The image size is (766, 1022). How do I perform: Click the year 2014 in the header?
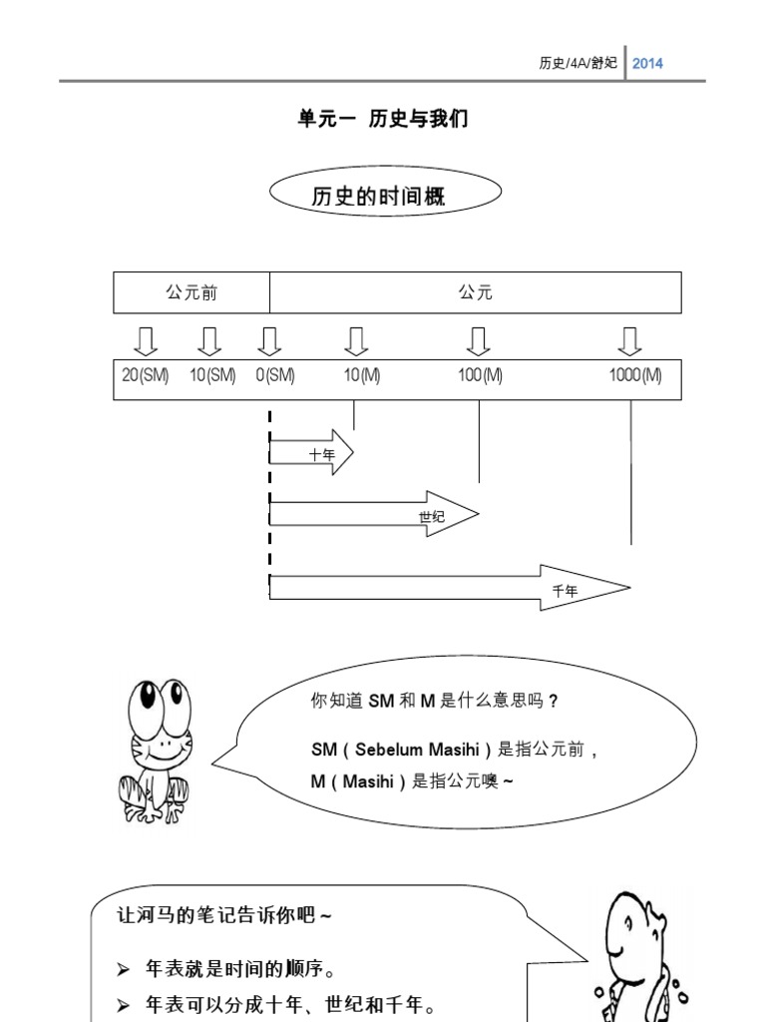[x=647, y=63]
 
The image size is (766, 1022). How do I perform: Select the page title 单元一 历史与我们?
[x=383, y=119]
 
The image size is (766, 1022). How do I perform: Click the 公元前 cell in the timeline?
[x=191, y=292]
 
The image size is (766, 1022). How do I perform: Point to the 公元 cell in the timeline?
[x=475, y=292]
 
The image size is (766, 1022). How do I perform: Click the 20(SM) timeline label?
[x=146, y=376]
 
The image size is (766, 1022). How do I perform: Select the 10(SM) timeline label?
[x=212, y=376]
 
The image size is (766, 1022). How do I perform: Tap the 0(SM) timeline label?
[x=274, y=376]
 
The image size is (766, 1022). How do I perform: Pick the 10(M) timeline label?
[x=362, y=376]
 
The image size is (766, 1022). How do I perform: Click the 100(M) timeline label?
[x=481, y=376]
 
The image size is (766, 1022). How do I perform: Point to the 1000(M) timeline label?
[x=635, y=376]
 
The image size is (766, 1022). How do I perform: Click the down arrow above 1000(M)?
[x=629, y=341]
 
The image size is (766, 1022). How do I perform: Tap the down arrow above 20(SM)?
[x=146, y=341]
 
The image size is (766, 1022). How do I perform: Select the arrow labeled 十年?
[x=312, y=452]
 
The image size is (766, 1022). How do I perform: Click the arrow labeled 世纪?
[x=374, y=514]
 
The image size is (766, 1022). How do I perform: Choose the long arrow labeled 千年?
[x=450, y=588]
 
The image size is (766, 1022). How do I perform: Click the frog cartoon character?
[x=155, y=749]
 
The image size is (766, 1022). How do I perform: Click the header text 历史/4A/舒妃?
[x=577, y=63]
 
